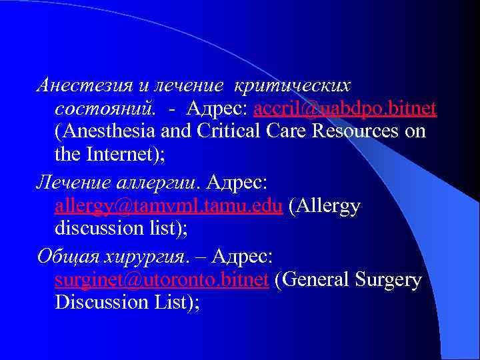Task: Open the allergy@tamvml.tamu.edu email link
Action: [x=170, y=206]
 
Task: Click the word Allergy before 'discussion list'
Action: [x=326, y=206]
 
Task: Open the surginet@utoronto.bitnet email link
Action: [x=162, y=279]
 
